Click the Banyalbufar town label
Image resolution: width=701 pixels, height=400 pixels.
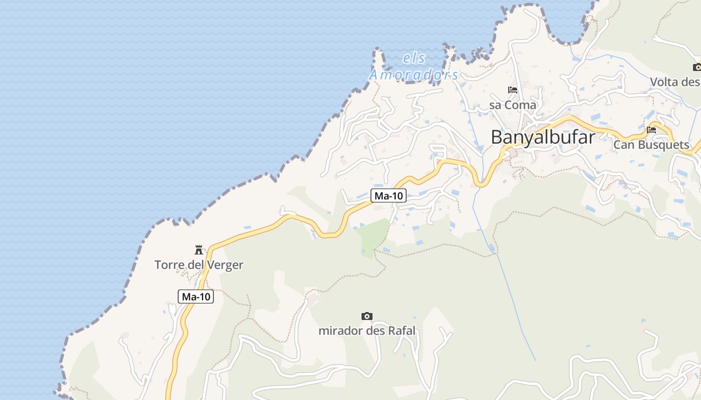click(x=543, y=137)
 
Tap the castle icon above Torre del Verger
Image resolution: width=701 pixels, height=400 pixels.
click(x=199, y=250)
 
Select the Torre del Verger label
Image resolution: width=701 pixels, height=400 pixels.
click(x=199, y=265)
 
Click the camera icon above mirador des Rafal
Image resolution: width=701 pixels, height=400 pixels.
click(x=367, y=316)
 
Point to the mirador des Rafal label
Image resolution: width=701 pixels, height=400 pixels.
click(x=367, y=331)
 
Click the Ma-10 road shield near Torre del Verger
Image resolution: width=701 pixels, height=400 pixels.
click(x=196, y=296)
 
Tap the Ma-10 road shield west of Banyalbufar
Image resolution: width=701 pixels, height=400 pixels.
click(x=389, y=196)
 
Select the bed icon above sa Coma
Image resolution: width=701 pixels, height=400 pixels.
click(x=513, y=90)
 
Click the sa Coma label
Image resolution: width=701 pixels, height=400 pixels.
click(x=513, y=105)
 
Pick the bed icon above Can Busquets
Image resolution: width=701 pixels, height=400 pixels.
click(x=651, y=130)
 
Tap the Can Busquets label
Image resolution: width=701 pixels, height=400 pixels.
click(x=651, y=145)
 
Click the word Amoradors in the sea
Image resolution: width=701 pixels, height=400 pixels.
click(x=414, y=75)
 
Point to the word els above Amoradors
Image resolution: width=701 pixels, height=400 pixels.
click(x=414, y=59)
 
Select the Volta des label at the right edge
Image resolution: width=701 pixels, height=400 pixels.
click(x=674, y=82)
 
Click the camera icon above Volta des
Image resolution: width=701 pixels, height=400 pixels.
click(x=696, y=67)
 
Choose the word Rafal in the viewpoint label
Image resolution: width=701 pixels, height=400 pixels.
click(x=400, y=331)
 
